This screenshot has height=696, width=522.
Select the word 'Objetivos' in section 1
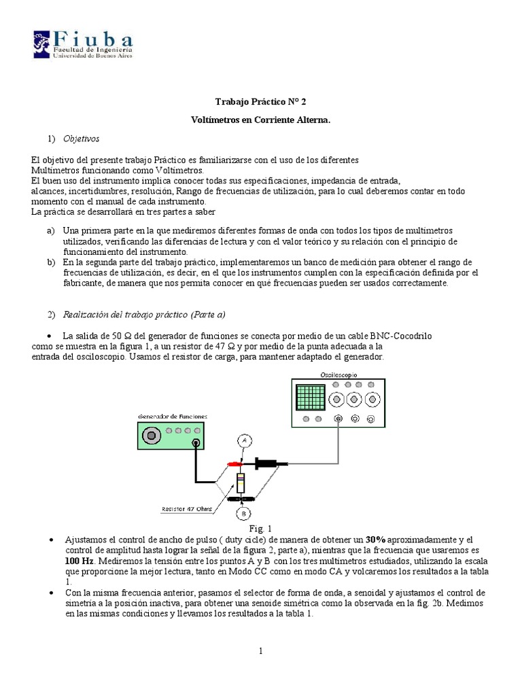tap(81, 139)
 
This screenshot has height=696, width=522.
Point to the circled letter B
tap(242, 513)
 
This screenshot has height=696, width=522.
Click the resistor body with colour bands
tap(241, 483)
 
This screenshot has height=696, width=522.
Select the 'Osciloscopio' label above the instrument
tap(338, 375)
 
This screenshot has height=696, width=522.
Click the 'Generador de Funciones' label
tap(173, 416)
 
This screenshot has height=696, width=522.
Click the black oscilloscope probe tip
tap(272, 464)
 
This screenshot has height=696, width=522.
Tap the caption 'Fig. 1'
tap(260, 528)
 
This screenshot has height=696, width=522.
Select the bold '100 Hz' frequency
tap(79, 561)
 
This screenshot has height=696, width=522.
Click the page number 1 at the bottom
tap(260, 651)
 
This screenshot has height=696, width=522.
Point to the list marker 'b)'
tap(51, 262)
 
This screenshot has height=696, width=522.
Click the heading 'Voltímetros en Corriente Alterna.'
tap(261, 120)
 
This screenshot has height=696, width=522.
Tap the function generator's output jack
tap(196, 443)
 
